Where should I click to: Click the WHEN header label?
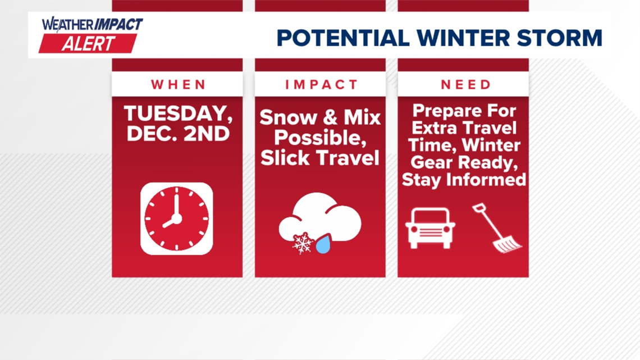click(179, 85)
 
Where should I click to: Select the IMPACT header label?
click(321, 85)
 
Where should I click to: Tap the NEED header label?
click(466, 85)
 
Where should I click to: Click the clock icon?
click(177, 218)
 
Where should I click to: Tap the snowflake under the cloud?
click(303, 243)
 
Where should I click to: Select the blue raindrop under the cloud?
click(323, 245)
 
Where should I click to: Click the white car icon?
click(430, 227)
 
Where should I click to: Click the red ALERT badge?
click(88, 44)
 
